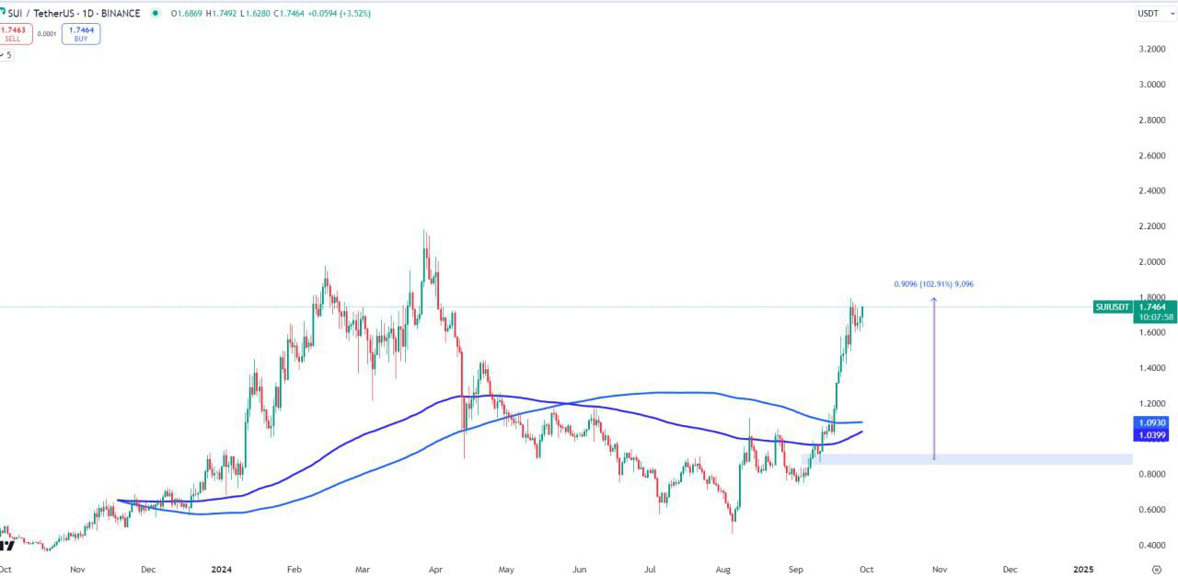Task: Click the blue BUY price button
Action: click(x=81, y=34)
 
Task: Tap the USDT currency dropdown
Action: click(x=1151, y=13)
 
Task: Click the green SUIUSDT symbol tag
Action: click(x=1113, y=306)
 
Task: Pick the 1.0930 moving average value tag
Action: click(x=1152, y=421)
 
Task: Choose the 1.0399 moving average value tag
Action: click(x=1152, y=434)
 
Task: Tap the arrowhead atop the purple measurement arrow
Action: click(x=934, y=299)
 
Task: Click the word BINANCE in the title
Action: click(x=121, y=13)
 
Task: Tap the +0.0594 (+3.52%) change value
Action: click(x=341, y=13)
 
